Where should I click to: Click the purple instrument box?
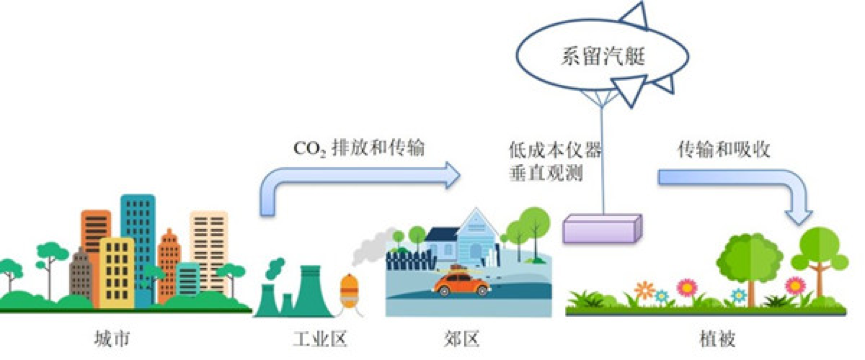pyautogui.click(x=600, y=229)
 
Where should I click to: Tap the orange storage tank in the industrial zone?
pyautogui.click(x=350, y=292)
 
